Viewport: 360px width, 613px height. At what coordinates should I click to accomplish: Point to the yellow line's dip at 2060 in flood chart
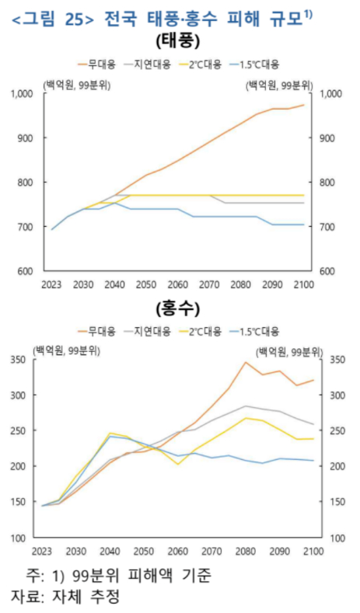click(x=178, y=465)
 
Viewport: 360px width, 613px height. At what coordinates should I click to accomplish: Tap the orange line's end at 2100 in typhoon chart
click(x=303, y=105)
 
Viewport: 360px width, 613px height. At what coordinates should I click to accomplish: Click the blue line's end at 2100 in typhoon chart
click(x=303, y=225)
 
